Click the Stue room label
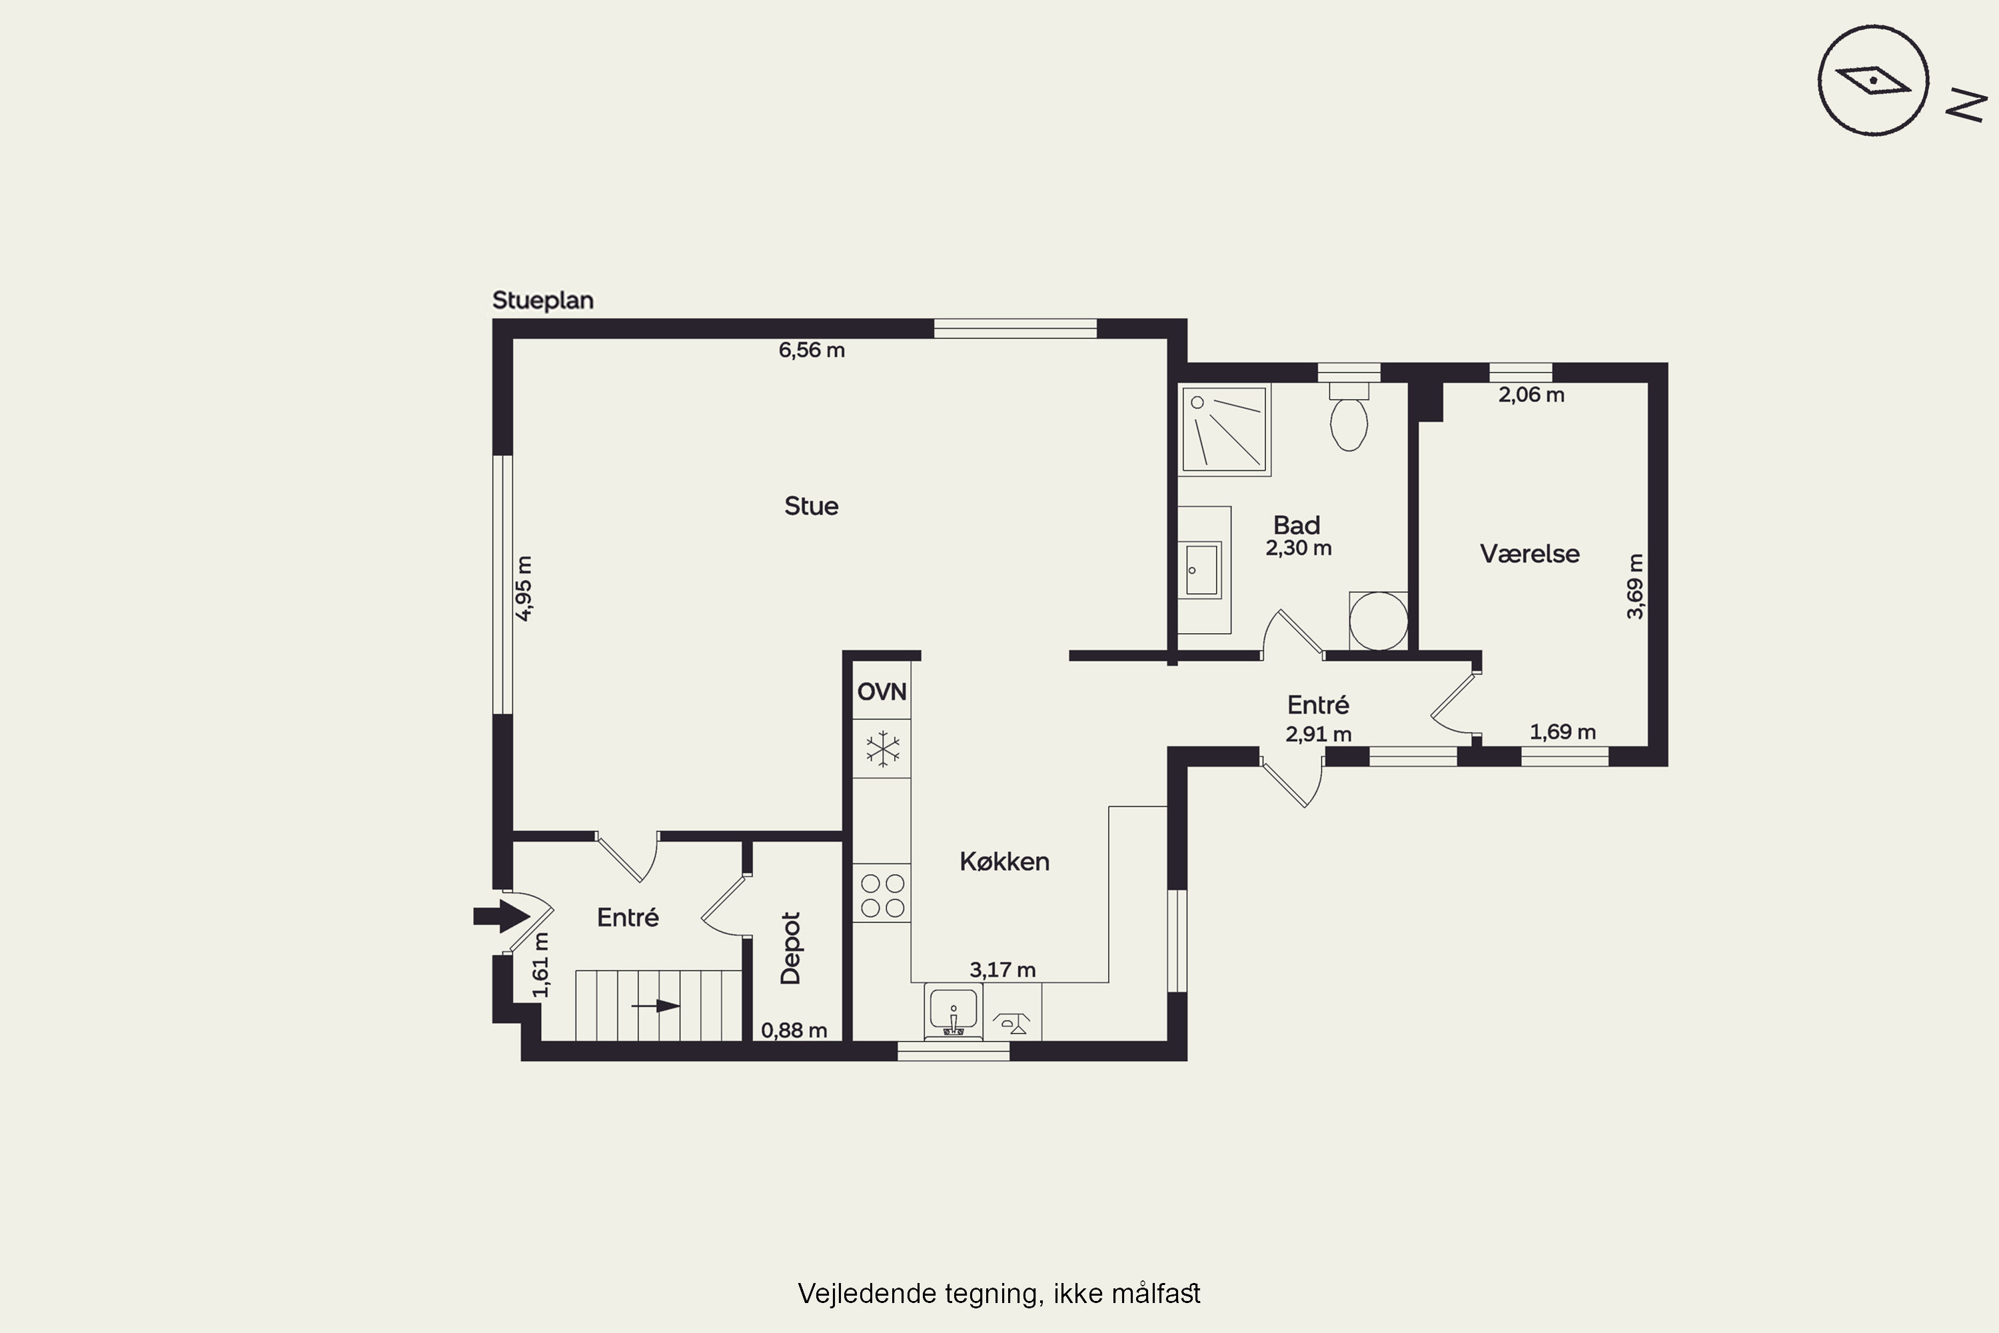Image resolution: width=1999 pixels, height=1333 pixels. click(811, 507)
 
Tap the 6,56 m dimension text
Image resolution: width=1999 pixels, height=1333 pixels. click(812, 351)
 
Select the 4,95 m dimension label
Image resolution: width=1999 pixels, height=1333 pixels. click(524, 589)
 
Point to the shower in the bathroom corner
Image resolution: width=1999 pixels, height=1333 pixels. click(1225, 429)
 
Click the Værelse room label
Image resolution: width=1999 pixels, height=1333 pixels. click(1530, 555)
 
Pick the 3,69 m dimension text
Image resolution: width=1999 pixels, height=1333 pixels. click(1635, 587)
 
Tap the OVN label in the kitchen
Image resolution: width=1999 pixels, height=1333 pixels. click(882, 692)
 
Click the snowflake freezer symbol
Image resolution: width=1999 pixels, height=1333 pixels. click(883, 749)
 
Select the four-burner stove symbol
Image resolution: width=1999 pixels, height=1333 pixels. click(882, 895)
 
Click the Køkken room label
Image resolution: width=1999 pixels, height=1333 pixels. click(1005, 862)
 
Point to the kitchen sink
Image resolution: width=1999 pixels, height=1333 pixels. click(954, 1011)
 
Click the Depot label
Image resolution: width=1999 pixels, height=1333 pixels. click(790, 948)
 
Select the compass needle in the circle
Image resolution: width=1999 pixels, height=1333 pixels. click(1873, 80)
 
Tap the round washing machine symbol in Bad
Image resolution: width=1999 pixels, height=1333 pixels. click(1379, 621)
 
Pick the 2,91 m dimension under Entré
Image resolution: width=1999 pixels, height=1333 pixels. click(1318, 734)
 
